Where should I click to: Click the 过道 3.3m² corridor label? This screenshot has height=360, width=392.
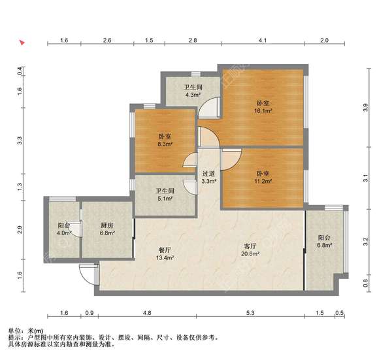(x=209, y=178)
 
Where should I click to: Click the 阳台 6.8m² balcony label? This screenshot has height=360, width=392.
(x=325, y=242)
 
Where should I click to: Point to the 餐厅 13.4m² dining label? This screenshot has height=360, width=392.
(x=165, y=254)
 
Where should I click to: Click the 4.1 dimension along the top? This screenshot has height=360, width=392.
(x=262, y=41)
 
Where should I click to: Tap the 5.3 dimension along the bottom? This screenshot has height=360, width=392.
(x=252, y=313)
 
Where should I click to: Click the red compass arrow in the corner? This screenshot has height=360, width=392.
(x=22, y=44)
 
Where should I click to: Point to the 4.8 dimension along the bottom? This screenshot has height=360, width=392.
(x=147, y=313)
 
